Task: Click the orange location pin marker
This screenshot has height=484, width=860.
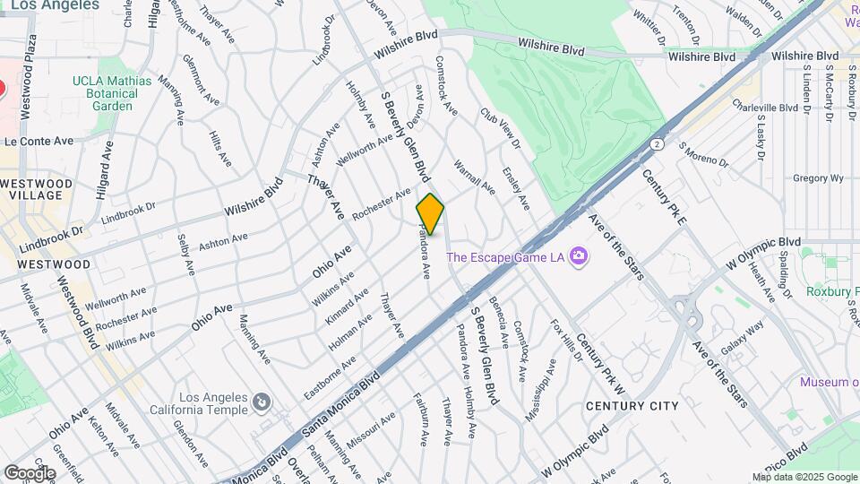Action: tap(430, 213)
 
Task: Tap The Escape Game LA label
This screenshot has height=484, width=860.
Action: tap(505, 257)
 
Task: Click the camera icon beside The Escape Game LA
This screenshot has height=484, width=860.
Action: tap(580, 257)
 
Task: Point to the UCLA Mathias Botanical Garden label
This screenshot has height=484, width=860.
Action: tap(113, 93)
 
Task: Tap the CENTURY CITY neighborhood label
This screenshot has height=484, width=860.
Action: tap(632, 406)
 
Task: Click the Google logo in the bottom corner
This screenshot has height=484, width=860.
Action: tap(30, 472)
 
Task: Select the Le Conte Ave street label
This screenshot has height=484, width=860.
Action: tap(39, 142)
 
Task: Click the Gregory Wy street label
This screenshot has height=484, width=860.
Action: tap(819, 178)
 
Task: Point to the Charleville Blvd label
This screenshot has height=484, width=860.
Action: tap(764, 107)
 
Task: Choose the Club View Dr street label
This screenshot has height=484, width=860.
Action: tap(500, 128)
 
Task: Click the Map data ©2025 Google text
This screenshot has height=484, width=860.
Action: tap(804, 477)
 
